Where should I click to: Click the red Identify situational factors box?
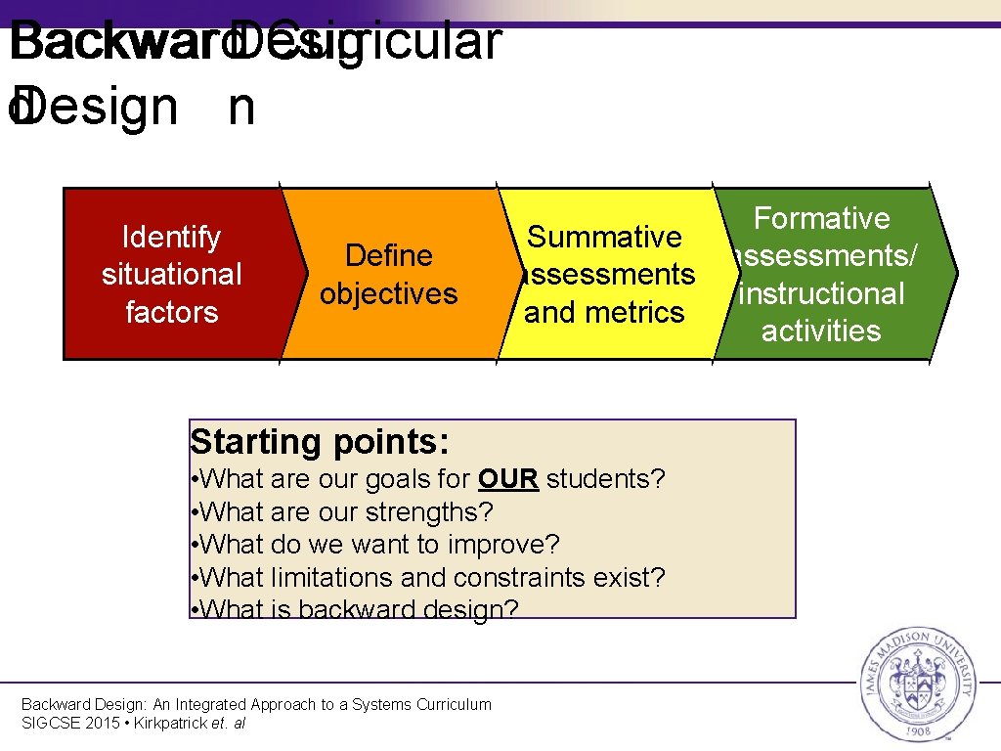171,274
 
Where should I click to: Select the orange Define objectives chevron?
389,274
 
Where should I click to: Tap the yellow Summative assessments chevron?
605,274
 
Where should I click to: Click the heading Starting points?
320,442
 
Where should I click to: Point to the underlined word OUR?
508,479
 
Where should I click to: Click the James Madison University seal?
916,682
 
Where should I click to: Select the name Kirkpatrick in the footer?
171,723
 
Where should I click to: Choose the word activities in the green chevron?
821,331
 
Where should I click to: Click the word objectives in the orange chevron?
389,293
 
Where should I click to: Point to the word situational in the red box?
171,275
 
